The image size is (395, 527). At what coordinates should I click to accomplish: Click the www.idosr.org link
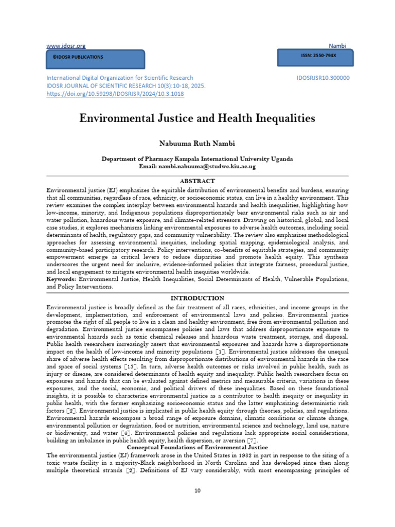[x=66, y=46]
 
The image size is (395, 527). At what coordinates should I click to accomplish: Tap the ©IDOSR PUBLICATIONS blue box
[x=96, y=57]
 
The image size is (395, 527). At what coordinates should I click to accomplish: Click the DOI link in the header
[x=115, y=94]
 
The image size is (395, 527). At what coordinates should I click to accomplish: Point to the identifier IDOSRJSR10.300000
[x=323, y=78]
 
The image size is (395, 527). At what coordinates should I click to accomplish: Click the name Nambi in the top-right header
[x=338, y=46]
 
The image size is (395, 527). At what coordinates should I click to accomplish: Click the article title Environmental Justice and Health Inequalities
[x=197, y=119]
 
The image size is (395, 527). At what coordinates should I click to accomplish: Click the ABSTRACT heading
[x=197, y=181]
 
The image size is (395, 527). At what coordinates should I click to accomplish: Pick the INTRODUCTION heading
[x=197, y=298]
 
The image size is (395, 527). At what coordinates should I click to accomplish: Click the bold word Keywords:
[x=61, y=278]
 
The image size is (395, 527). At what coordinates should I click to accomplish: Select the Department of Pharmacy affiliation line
[x=197, y=160]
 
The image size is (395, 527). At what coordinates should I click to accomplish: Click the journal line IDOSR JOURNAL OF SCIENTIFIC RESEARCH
[x=125, y=86]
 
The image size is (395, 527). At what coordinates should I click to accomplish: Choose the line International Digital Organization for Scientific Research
[x=120, y=78]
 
